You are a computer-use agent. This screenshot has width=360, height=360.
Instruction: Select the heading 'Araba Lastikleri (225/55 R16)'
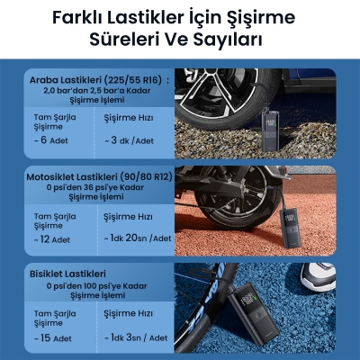tap(96, 80)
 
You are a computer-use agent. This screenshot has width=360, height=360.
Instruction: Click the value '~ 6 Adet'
tap(51, 141)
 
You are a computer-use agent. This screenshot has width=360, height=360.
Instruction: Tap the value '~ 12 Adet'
tap(53, 240)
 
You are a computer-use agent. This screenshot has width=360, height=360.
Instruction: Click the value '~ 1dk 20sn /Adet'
tap(136, 238)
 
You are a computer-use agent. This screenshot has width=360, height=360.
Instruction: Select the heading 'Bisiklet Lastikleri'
tap(68, 273)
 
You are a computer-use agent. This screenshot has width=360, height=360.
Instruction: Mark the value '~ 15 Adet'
tap(53, 338)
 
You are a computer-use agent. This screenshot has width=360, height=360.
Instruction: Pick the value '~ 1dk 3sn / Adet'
tap(135, 337)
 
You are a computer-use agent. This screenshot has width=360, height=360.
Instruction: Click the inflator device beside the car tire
tap(268, 125)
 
